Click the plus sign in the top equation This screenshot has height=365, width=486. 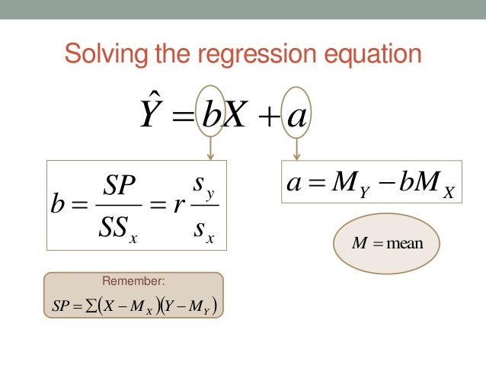pyautogui.click(x=267, y=117)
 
